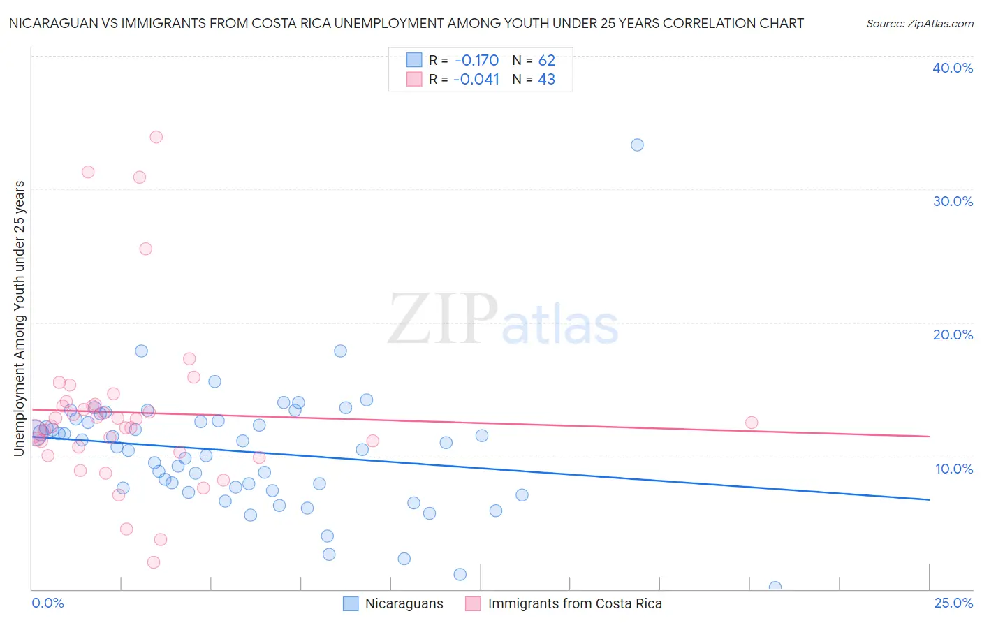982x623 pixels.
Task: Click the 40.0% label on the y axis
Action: [x=953, y=68]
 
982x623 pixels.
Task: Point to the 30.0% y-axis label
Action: [x=953, y=201]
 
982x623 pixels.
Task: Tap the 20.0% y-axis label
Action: [x=953, y=335]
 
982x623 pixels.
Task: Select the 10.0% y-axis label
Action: [x=954, y=469]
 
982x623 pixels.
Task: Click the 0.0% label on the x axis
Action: [x=47, y=603]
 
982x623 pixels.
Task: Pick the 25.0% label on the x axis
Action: [x=953, y=603]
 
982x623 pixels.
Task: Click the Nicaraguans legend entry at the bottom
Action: [x=404, y=604]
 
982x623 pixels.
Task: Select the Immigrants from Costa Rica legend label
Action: [x=574, y=604]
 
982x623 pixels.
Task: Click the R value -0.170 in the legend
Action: [x=476, y=60]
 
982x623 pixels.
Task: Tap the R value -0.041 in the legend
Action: [x=476, y=80]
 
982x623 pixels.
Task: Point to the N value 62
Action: [x=546, y=60]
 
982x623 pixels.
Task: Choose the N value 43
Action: [x=546, y=80]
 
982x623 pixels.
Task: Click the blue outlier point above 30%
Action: [x=637, y=145]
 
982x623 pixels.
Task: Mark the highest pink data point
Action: [x=156, y=137]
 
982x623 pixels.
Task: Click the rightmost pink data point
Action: [x=752, y=423]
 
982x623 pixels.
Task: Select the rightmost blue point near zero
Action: [x=775, y=587]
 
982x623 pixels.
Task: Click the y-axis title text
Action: [x=19, y=318]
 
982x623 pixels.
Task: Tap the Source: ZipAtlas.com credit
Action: [x=919, y=24]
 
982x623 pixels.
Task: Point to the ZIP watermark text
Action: [x=443, y=320]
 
